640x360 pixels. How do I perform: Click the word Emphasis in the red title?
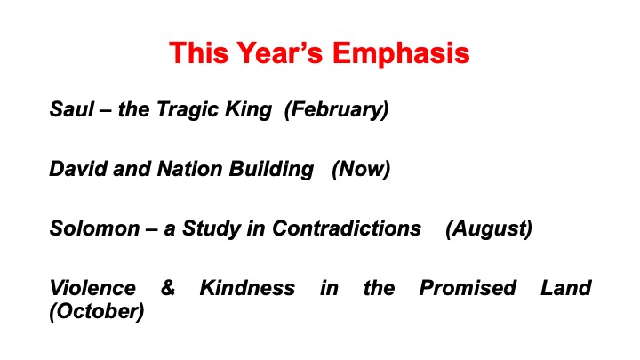pyautogui.click(x=401, y=54)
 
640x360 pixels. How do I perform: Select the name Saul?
pyautogui.click(x=72, y=109)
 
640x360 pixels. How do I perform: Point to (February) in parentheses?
pyautogui.click(x=336, y=110)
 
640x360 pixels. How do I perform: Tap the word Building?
pyautogui.click(x=271, y=170)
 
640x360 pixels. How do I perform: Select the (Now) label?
pyautogui.click(x=361, y=170)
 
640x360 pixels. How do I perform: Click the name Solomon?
pyautogui.click(x=95, y=228)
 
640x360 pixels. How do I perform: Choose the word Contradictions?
pyautogui.click(x=347, y=228)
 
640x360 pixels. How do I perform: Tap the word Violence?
pyautogui.click(x=92, y=288)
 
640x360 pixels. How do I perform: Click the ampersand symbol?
pyautogui.click(x=168, y=288)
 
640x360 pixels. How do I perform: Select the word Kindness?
pyautogui.click(x=247, y=288)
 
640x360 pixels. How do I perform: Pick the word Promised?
pyautogui.click(x=468, y=288)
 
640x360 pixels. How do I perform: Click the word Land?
pyautogui.click(x=566, y=288)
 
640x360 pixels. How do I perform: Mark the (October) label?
pyautogui.click(x=97, y=312)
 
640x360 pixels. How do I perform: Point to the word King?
pyautogui.click(x=249, y=110)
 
